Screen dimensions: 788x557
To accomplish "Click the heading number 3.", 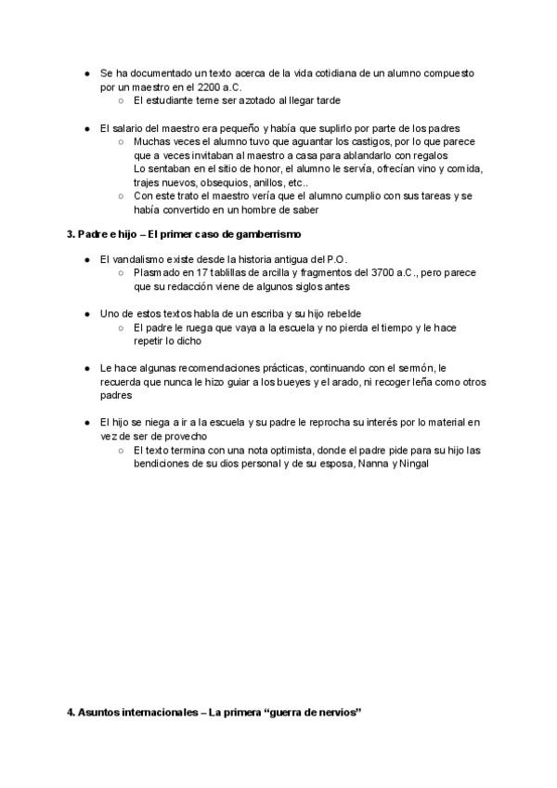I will pyautogui.click(x=71, y=234).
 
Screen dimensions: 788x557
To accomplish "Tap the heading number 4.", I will pyautogui.click(x=71, y=714).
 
